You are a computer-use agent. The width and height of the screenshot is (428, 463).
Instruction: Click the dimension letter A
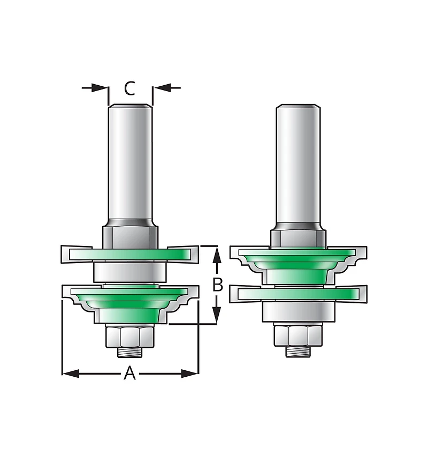(x=129, y=373)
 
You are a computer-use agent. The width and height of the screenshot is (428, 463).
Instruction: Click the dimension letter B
(x=218, y=285)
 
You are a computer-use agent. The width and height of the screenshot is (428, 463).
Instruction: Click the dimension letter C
(x=129, y=88)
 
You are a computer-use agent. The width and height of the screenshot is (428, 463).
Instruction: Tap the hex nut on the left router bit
(x=130, y=337)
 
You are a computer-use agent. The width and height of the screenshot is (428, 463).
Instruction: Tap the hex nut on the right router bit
(x=299, y=336)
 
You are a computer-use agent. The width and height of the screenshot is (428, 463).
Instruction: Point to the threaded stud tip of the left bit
(x=130, y=352)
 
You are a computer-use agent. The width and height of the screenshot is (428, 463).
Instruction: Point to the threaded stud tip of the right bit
(x=299, y=352)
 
